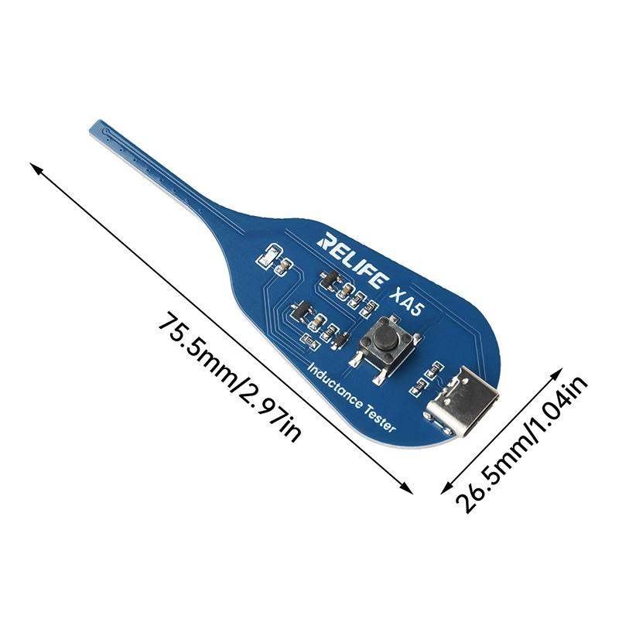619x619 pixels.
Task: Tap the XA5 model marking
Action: coord(405,303)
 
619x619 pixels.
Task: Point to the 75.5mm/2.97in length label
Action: coord(230,377)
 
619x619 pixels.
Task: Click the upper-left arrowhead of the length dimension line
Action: coord(36,167)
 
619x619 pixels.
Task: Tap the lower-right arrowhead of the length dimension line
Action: coord(408,489)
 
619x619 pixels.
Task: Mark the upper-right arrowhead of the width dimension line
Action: coord(557,374)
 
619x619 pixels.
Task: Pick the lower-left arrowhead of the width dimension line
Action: coord(446,488)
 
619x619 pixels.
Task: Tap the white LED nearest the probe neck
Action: coord(268,255)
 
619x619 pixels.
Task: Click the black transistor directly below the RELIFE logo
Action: coord(331,279)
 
